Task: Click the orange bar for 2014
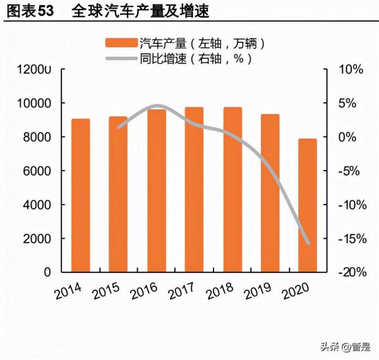coord(80,196)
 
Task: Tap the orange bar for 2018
coord(232,189)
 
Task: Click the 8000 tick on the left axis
coord(38,137)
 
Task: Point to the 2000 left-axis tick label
coord(38,239)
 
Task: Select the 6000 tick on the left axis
coord(38,171)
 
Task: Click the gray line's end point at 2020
coord(308,243)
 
